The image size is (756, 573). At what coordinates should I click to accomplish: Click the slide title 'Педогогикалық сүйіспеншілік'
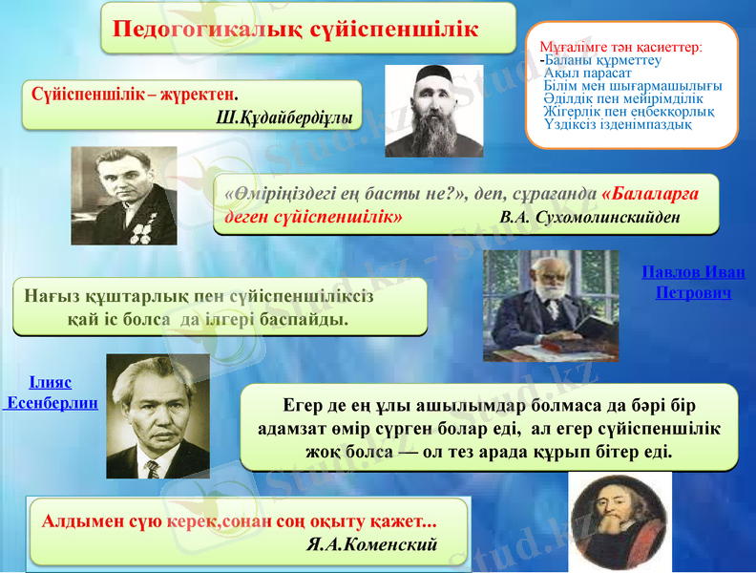click(296, 29)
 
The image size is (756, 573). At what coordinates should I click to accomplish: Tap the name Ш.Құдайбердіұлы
click(284, 117)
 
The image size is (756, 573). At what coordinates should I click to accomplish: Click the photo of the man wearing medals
click(124, 195)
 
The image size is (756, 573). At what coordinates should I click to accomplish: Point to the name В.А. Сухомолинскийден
click(590, 216)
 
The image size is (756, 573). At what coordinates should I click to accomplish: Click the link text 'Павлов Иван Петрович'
click(694, 282)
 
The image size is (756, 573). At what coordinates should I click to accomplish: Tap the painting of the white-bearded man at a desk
click(537, 306)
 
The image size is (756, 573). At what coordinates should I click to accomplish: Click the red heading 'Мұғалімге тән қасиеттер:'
click(620, 46)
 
